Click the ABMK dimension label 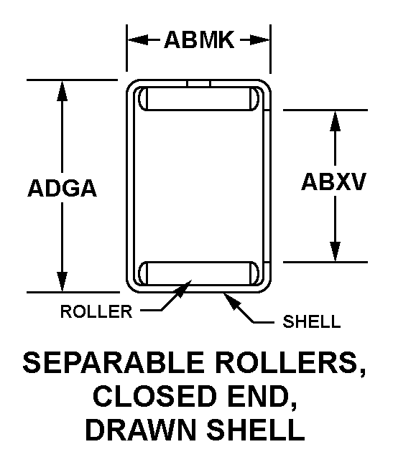199,39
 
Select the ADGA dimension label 63,188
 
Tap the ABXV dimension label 333,181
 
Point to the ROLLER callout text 96,311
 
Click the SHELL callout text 312,321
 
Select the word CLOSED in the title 153,396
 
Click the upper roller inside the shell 198,99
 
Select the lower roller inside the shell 198,273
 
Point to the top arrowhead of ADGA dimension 62,90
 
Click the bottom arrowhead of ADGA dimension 62,282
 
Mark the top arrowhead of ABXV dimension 335,121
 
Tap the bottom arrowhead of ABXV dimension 335,251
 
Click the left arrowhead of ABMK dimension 137,39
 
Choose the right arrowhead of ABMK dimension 259,39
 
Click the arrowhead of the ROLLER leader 184,288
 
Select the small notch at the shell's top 198,84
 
